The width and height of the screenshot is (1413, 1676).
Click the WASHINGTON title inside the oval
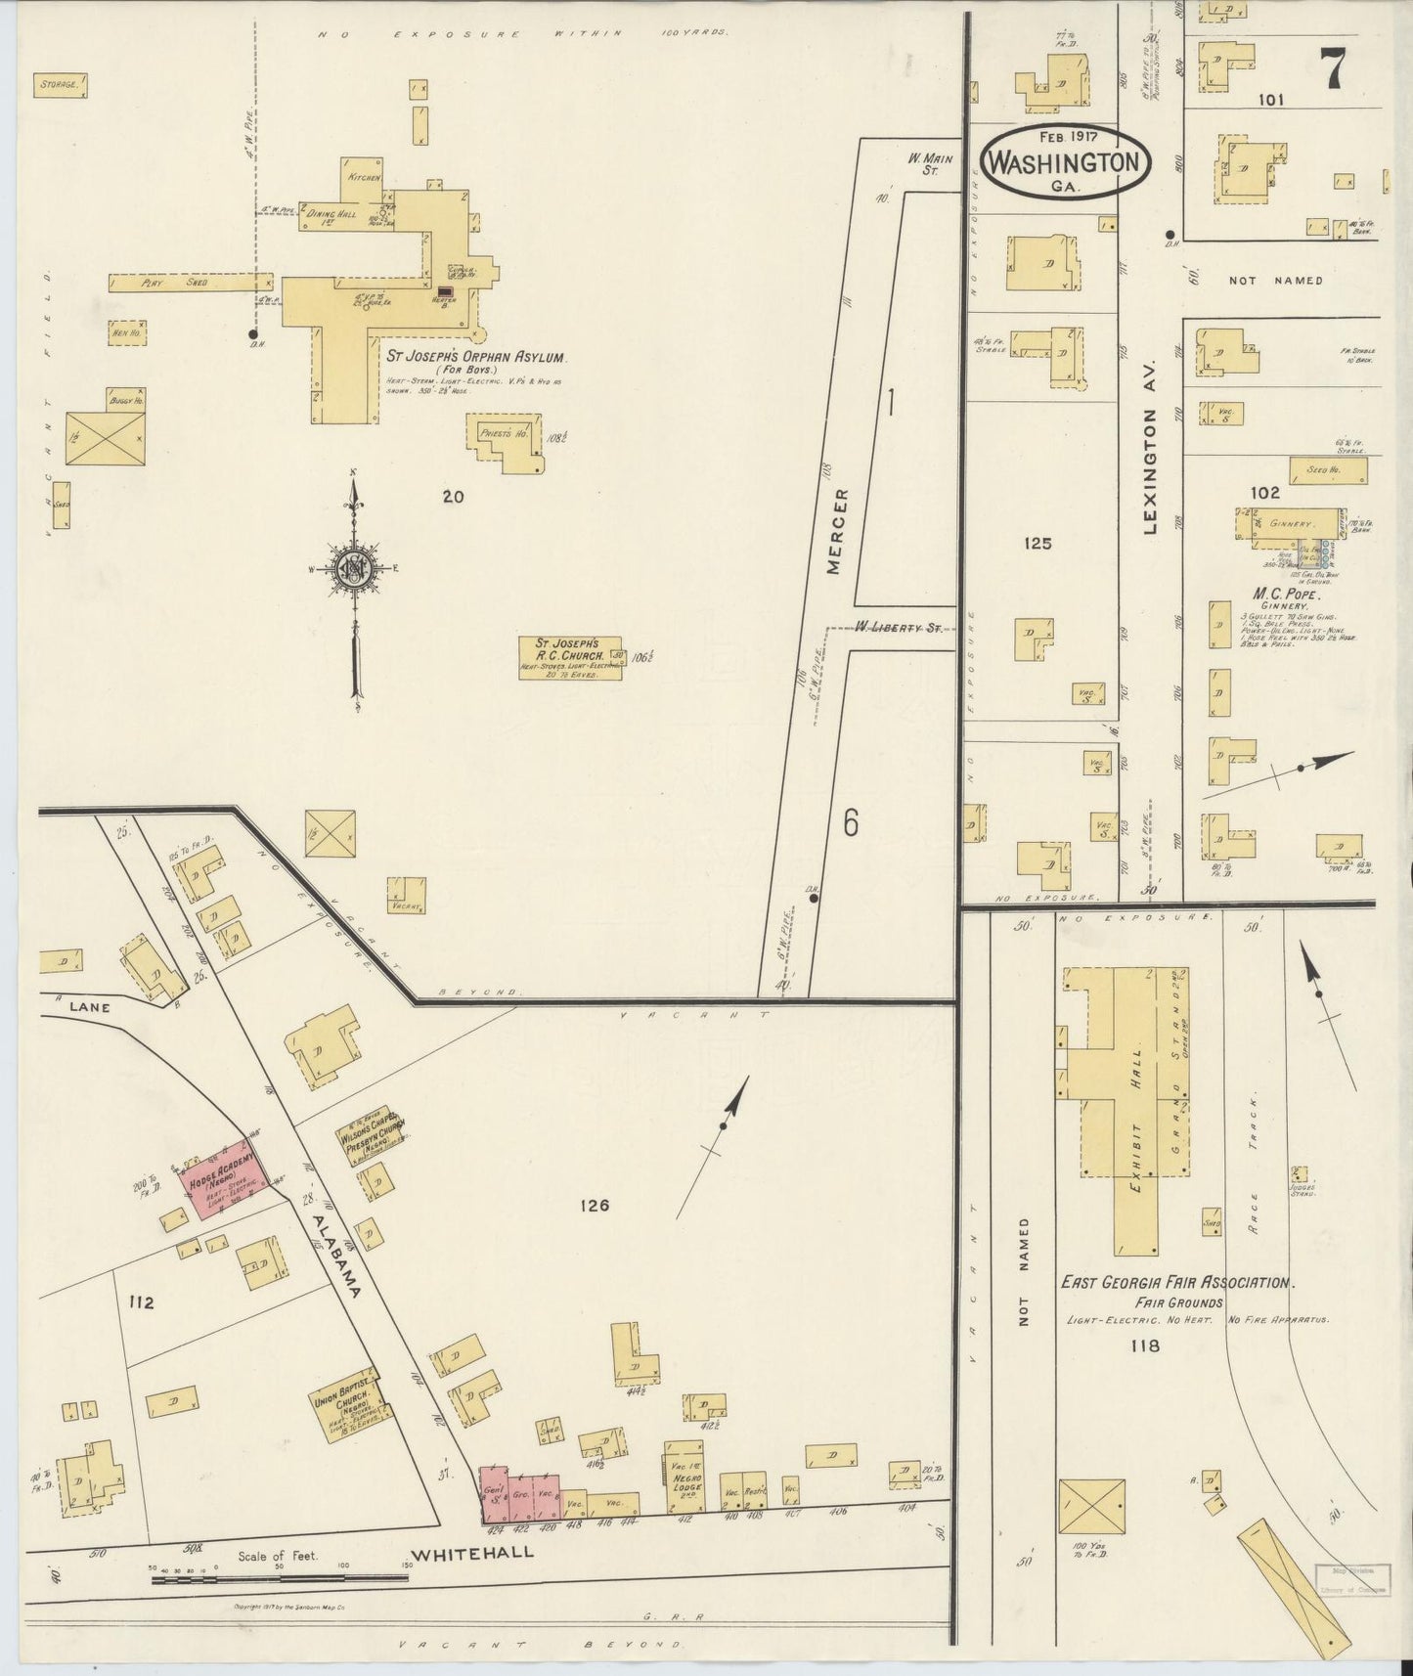(1065, 162)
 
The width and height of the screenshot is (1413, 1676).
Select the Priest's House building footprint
(507, 439)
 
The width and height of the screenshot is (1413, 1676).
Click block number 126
(593, 1206)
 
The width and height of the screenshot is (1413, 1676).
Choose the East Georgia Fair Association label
(1177, 1282)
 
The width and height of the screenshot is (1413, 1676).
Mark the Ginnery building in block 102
(1289, 524)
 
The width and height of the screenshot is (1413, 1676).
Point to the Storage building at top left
(62, 86)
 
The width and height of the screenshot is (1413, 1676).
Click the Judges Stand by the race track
(1299, 1175)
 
